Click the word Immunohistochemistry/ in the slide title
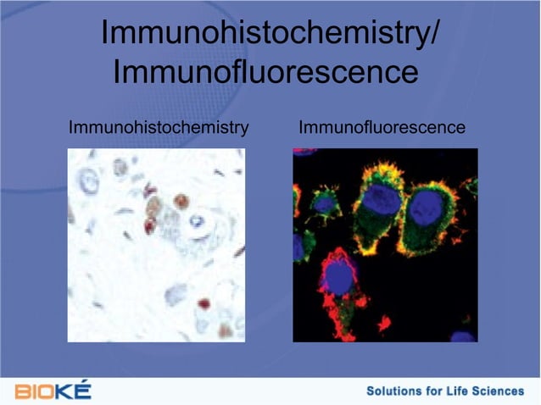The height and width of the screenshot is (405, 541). (270, 34)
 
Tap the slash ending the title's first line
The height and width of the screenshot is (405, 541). (433, 34)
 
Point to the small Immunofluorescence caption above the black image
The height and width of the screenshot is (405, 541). (382, 128)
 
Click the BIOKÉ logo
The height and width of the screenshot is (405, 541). (53, 391)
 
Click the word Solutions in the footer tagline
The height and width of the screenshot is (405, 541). (395, 391)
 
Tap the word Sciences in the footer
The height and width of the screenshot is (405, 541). (502, 391)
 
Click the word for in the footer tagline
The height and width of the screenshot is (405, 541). (436, 391)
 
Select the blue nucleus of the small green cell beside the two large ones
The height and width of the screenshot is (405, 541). (324, 202)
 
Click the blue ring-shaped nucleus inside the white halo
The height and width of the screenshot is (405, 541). (198, 222)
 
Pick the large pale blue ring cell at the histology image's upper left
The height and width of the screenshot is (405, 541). (88, 180)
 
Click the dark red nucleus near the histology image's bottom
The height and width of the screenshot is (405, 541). (204, 302)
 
